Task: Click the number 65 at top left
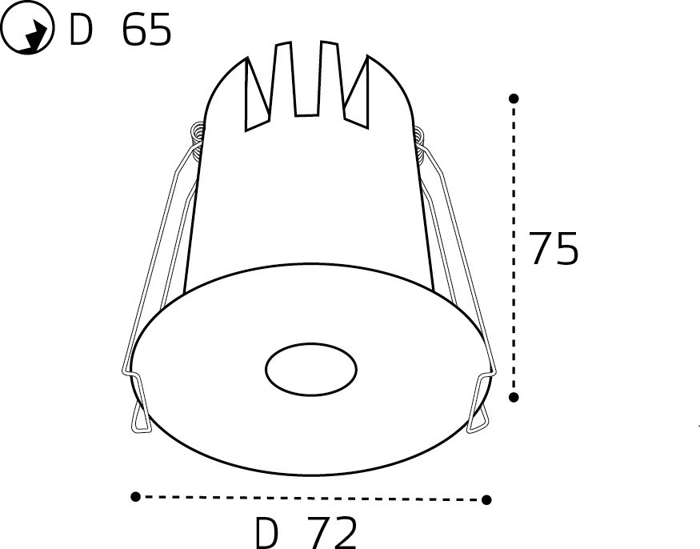pos(146,30)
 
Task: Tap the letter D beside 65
pos(81,30)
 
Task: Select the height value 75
pos(553,248)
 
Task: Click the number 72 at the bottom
pos(333,532)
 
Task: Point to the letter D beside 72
pos(266,533)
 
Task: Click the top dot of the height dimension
pos(514,98)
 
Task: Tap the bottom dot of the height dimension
pos(514,397)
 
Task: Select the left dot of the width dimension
pos(136,496)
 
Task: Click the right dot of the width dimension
pos(486,499)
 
